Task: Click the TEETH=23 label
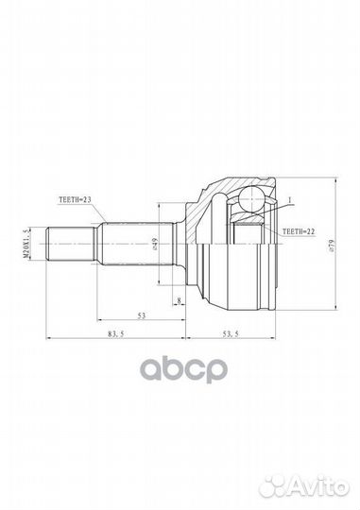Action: (75, 199)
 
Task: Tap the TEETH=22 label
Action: (299, 231)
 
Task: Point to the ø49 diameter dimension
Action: (155, 244)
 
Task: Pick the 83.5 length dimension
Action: (116, 333)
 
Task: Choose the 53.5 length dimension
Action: (231, 333)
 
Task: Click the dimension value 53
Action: (142, 315)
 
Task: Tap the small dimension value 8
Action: (179, 301)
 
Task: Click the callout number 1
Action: (290, 199)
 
